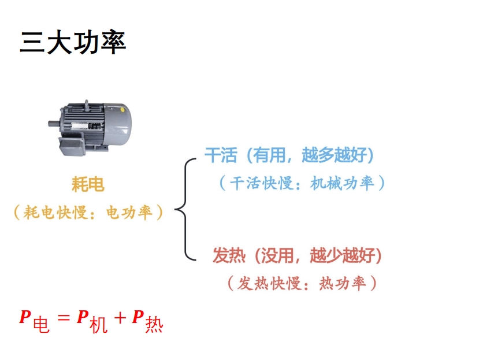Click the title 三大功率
pyautogui.click(x=73, y=42)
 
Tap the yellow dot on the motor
pyautogui.click(x=122, y=110)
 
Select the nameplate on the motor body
pyautogui.click(x=86, y=126)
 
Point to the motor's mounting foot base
pyautogui.click(x=72, y=147)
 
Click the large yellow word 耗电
pyautogui.click(x=88, y=184)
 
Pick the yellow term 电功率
pyautogui.click(x=129, y=213)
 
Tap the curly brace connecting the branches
pyautogui.click(x=185, y=209)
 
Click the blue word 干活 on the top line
pyautogui.click(x=221, y=155)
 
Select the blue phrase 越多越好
pyautogui.click(x=334, y=155)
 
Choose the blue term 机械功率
pyautogui.click(x=342, y=183)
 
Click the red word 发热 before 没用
pyautogui.click(x=229, y=255)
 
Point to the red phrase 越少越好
pyautogui.click(x=342, y=255)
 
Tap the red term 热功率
pyautogui.click(x=342, y=283)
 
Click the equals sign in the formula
pyautogui.click(x=64, y=317)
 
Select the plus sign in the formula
pyautogui.click(x=120, y=318)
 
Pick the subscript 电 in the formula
pyautogui.click(x=41, y=325)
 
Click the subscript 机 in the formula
pyautogui.click(x=99, y=325)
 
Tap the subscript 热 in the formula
pyautogui.click(x=154, y=325)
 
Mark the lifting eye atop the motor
pyautogui.click(x=87, y=105)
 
